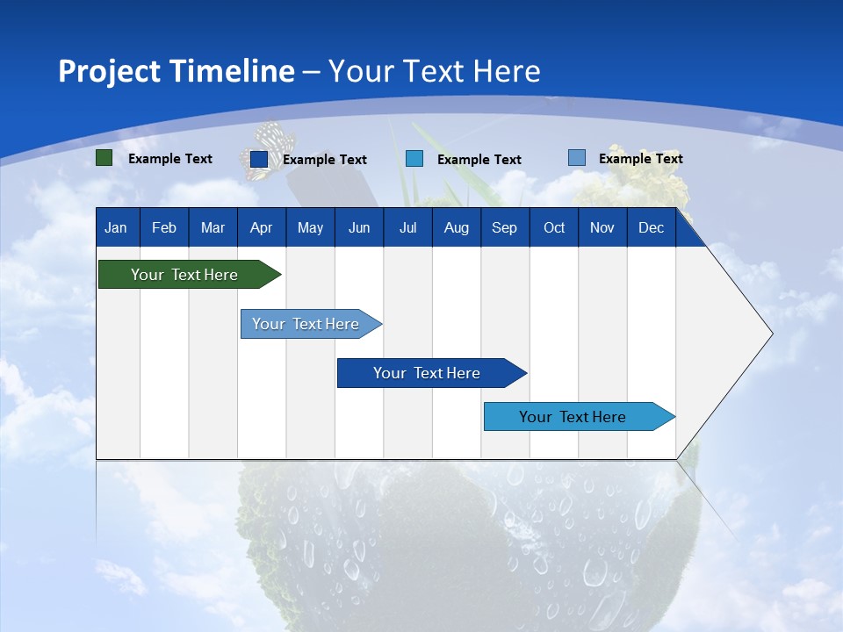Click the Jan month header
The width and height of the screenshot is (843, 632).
[x=116, y=228]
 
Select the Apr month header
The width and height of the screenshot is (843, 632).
[x=261, y=228]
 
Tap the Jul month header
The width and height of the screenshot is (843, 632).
[x=407, y=228]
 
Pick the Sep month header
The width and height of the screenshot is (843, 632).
[x=504, y=228]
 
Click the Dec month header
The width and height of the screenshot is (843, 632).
[x=651, y=228]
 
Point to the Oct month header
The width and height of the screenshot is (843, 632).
[x=554, y=228]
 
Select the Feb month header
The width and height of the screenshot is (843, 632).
[x=164, y=228]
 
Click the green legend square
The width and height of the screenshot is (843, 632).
[x=104, y=158]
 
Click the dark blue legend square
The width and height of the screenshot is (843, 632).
[x=259, y=159]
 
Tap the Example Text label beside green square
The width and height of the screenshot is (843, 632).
[x=170, y=159]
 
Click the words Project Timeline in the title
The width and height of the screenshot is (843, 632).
[x=176, y=71]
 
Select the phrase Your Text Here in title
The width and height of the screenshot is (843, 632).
[x=435, y=71]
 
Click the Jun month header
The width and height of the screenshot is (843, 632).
[x=359, y=228]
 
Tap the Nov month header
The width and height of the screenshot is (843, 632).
[x=602, y=228]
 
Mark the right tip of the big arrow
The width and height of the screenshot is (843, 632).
[x=771, y=334]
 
